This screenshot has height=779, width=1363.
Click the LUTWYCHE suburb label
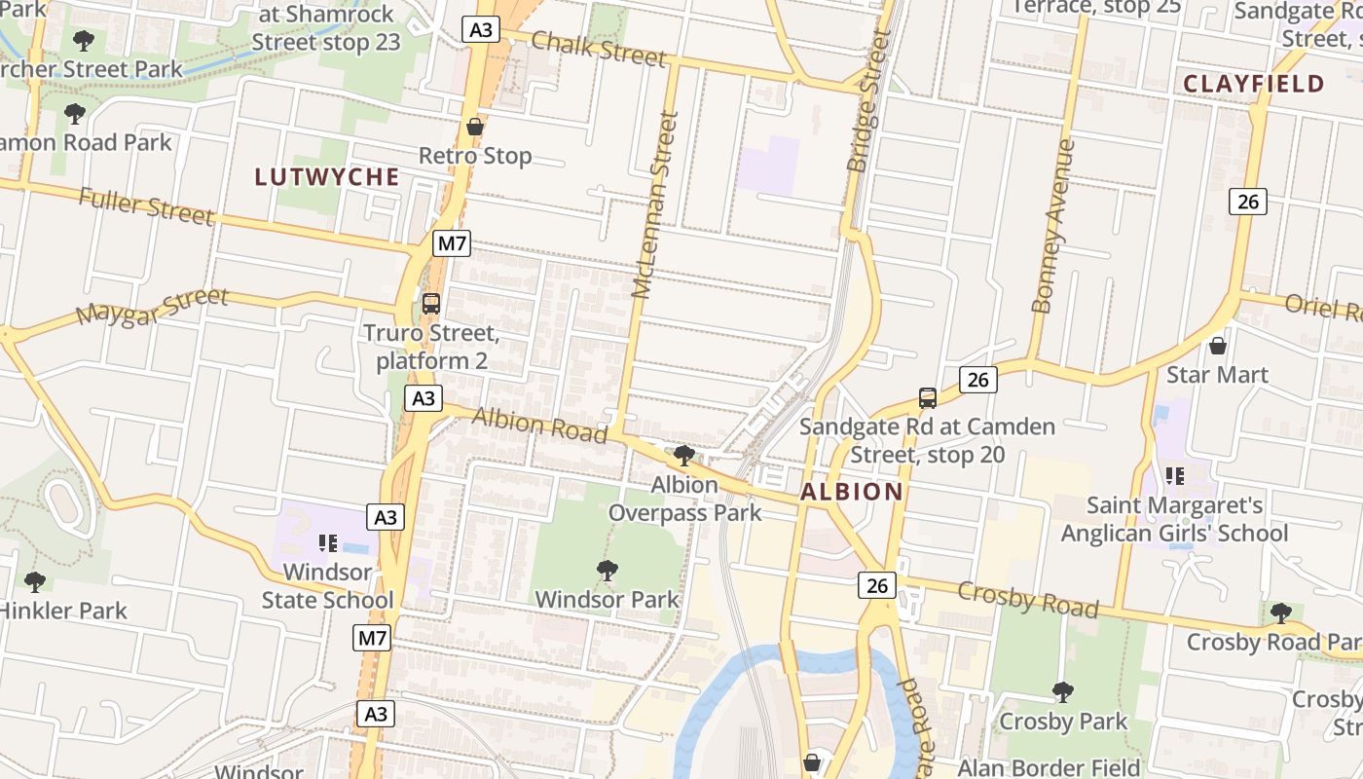click(x=327, y=176)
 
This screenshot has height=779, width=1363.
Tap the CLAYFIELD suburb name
click(x=1254, y=84)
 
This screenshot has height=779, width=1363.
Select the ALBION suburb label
click(x=852, y=492)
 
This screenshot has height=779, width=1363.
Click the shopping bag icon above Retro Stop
click(x=475, y=127)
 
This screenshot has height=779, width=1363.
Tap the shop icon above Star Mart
click(x=1217, y=346)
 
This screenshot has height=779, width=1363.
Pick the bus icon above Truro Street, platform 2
click(x=431, y=304)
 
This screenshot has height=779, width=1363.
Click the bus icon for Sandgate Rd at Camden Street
click(x=928, y=398)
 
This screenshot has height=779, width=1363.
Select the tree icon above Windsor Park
click(x=608, y=571)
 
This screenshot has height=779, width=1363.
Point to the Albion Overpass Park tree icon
click(x=684, y=455)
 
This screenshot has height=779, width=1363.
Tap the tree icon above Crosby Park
click(x=1063, y=692)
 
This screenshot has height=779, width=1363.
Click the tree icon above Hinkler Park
click(x=35, y=582)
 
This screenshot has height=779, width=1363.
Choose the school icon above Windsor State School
click(x=328, y=542)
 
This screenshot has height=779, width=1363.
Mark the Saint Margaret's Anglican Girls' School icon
click(x=1174, y=476)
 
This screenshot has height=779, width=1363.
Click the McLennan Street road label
click(x=654, y=204)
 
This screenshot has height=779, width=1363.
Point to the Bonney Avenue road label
click(x=1053, y=226)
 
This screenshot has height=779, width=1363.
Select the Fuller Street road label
click(x=146, y=206)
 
